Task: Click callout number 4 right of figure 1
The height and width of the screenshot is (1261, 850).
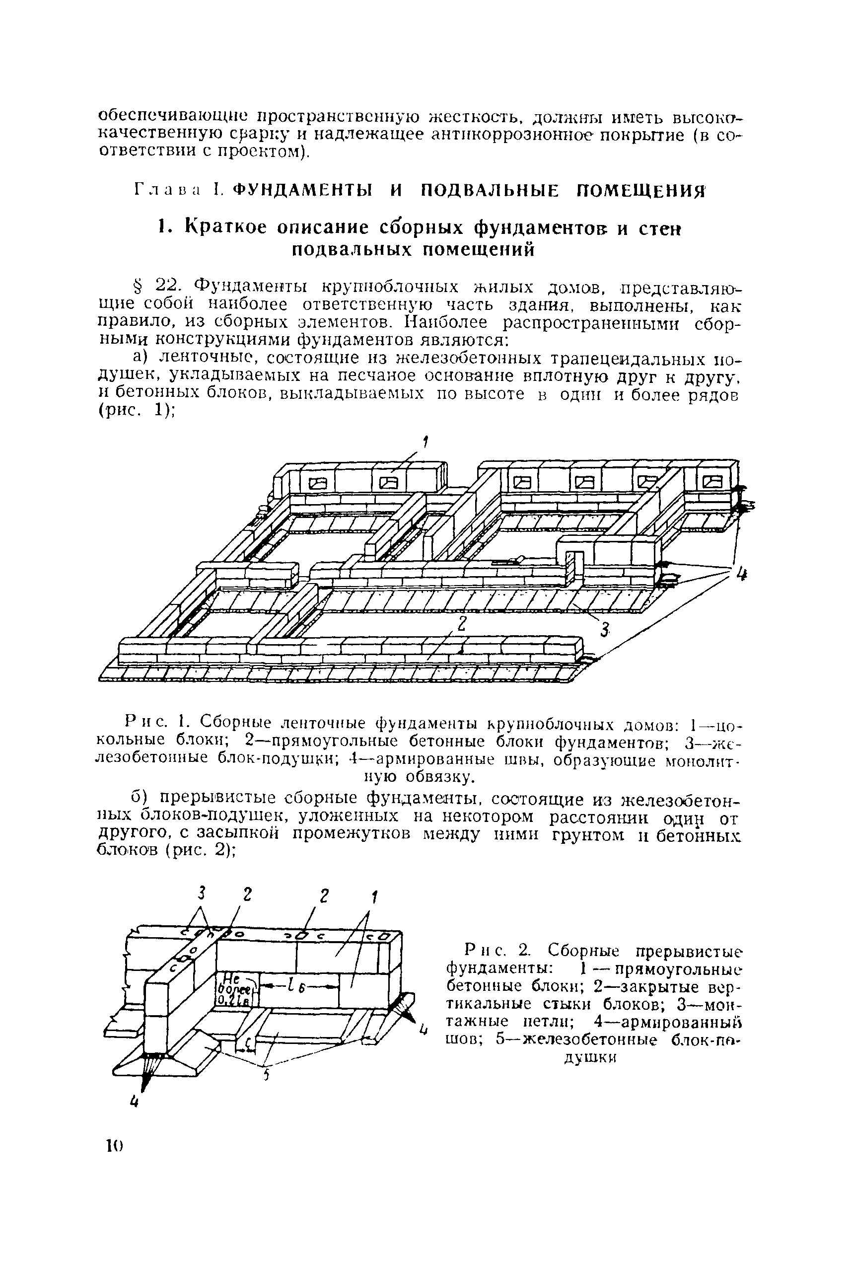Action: click(741, 574)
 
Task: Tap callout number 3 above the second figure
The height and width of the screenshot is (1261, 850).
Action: click(202, 892)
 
